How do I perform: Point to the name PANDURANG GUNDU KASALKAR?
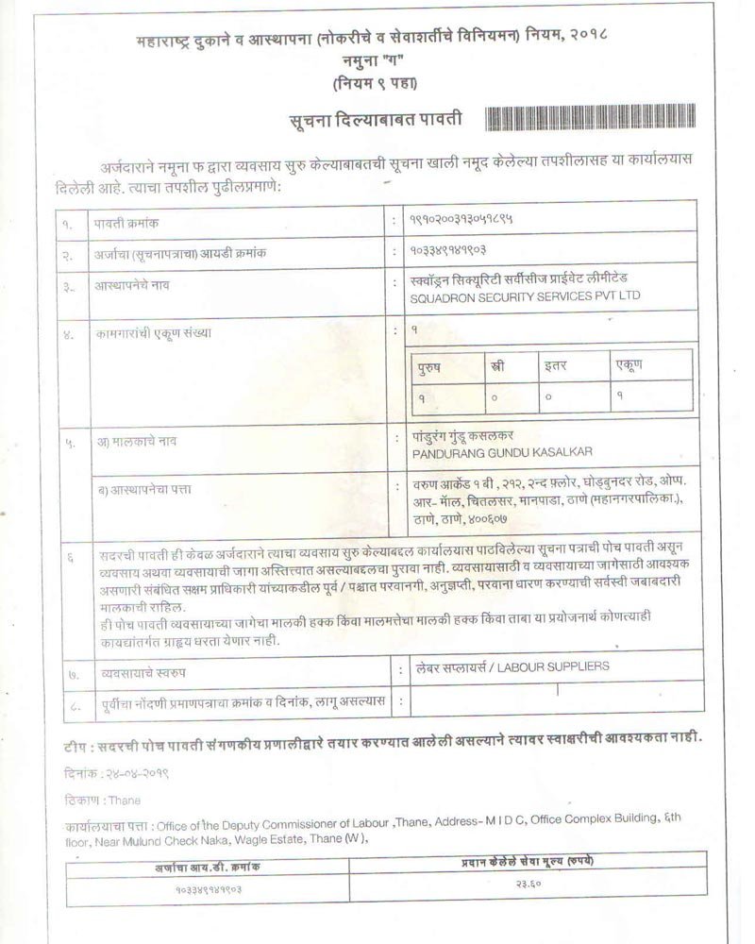496,453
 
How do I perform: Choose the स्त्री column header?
496,364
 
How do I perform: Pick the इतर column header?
555,364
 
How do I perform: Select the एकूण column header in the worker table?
629,364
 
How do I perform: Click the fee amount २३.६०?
526,885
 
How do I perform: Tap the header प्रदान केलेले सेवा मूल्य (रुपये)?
526,863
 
